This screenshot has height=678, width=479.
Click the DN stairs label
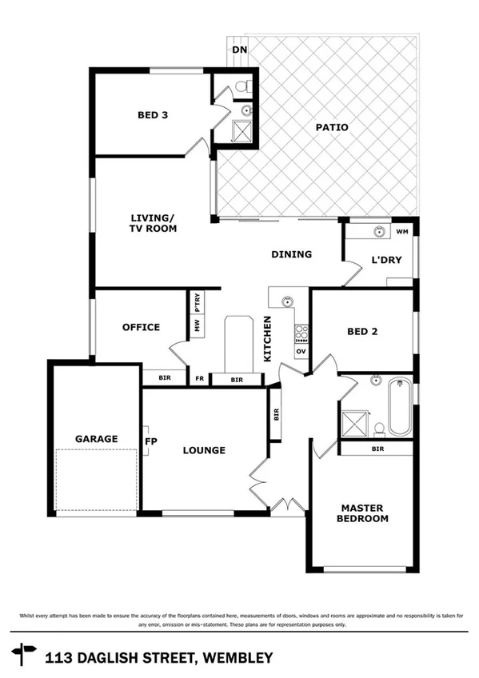pyautogui.click(x=239, y=50)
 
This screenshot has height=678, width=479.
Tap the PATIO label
pyautogui.click(x=331, y=127)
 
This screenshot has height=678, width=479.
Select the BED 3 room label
pyautogui.click(x=153, y=115)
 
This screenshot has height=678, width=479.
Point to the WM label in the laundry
pyautogui.click(x=402, y=231)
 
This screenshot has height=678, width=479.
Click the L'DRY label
pyautogui.click(x=385, y=259)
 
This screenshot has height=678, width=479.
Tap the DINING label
pyautogui.click(x=291, y=254)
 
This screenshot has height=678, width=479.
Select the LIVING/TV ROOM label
pyautogui.click(x=153, y=223)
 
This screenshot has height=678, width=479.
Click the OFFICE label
pyautogui.click(x=141, y=327)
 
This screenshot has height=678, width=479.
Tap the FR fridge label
pyautogui.click(x=198, y=379)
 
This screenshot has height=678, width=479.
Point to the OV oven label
pyautogui.click(x=301, y=351)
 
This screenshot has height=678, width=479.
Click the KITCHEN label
pyautogui.click(x=269, y=339)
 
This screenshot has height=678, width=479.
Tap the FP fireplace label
pyautogui.click(x=150, y=441)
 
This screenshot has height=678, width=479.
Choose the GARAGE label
pyautogui.click(x=96, y=439)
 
